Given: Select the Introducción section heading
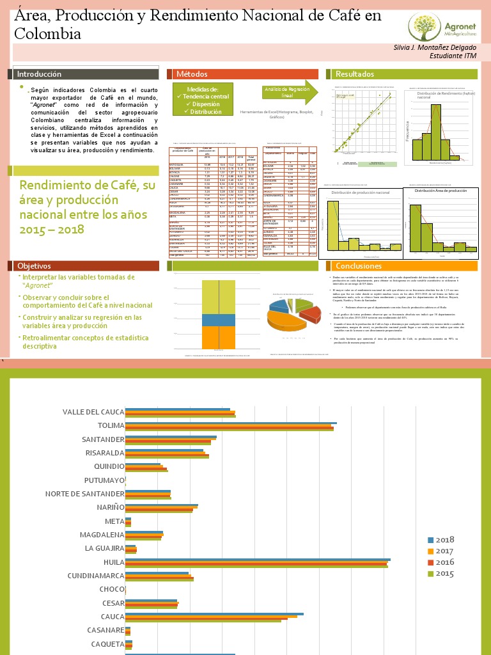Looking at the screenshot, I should click(39, 74).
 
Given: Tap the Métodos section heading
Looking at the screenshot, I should click(192, 74).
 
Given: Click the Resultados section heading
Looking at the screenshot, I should click(354, 74).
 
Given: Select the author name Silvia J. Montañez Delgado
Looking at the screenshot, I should click(435, 48).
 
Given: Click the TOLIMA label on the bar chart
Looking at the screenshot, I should click(111, 426).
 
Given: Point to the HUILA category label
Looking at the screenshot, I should click(114, 562).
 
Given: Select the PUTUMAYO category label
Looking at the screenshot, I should click(104, 480).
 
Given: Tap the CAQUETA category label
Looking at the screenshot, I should click(107, 644).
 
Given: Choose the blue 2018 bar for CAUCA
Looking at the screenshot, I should click(214, 614).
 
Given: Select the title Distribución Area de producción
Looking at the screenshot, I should click(440, 191).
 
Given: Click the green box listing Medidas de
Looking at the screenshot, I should click(202, 100).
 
